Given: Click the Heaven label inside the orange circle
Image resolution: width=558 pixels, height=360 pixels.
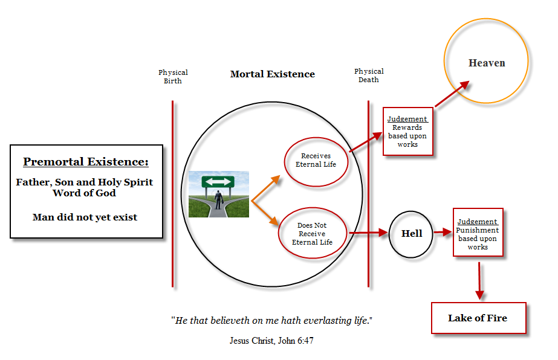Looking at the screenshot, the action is point(487,63).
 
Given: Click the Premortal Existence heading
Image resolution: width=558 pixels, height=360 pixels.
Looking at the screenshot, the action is point(86,162).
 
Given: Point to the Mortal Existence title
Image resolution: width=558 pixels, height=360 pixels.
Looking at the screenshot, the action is point(273,74).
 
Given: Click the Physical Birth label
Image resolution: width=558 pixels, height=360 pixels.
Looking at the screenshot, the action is point(173,77).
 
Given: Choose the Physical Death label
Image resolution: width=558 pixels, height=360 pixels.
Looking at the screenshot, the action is point(369,76).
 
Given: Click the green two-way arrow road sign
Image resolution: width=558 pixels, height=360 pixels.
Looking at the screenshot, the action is point(218,182).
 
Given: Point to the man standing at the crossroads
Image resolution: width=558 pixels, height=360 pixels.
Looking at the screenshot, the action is point(218,199).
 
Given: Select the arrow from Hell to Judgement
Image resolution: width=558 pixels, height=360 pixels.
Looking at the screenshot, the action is point(443,233).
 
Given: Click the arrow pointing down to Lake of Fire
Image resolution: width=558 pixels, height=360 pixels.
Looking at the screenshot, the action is point(479,281).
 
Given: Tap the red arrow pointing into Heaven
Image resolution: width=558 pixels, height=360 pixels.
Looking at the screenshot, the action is point(452,94).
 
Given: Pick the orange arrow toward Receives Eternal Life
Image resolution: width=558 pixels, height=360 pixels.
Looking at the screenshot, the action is point(266,188).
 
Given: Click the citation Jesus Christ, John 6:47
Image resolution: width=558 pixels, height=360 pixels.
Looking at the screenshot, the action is point(271,341).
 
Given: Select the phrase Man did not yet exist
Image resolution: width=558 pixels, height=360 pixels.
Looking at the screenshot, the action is point(85,217).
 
